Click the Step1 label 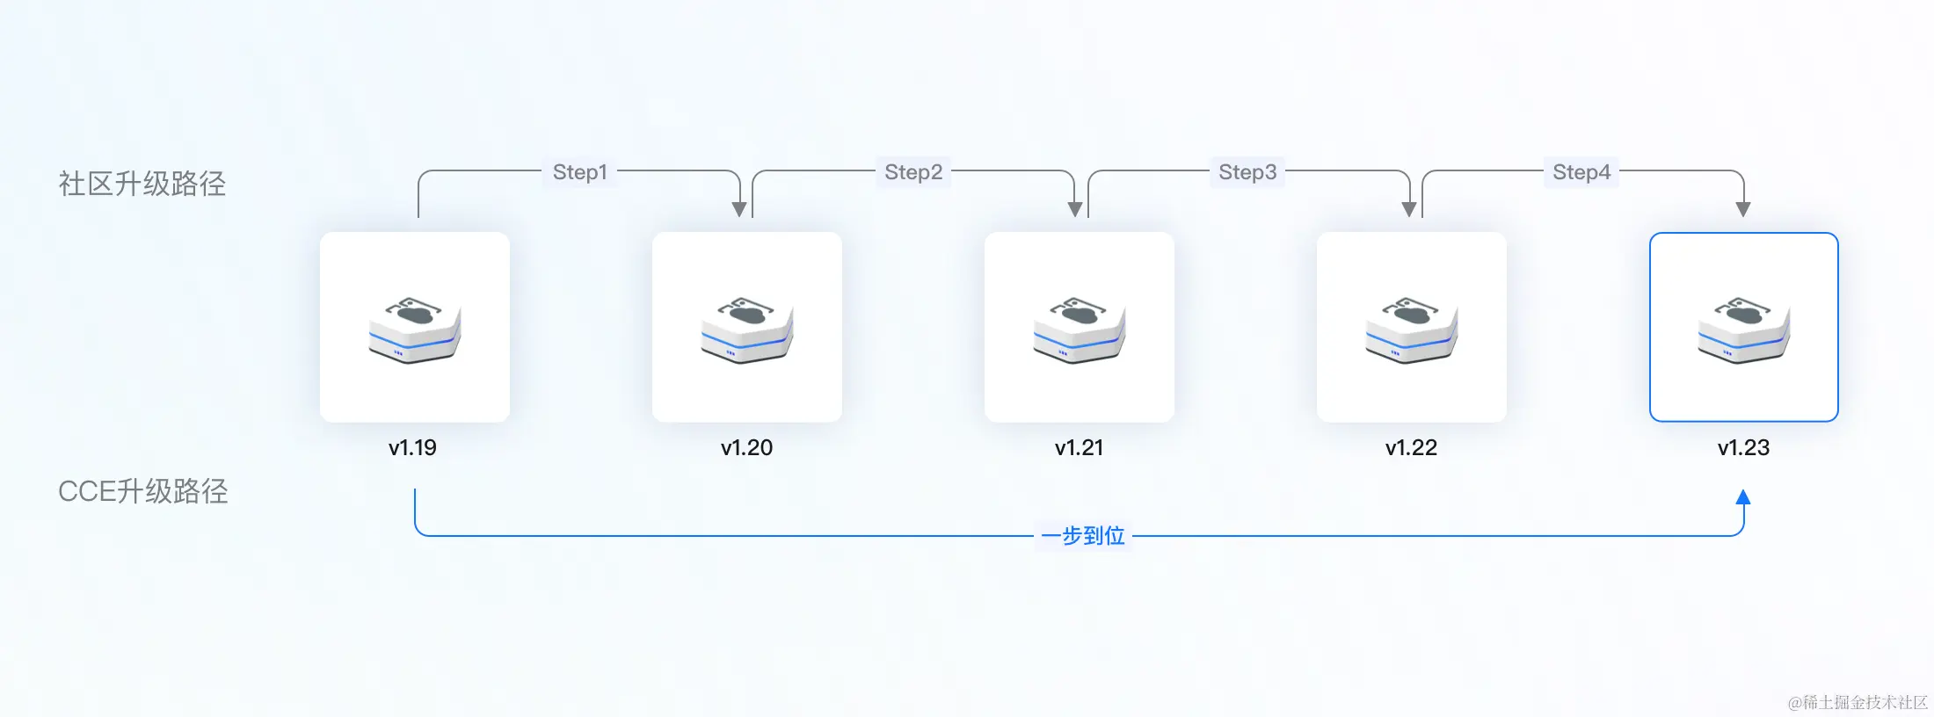(x=579, y=172)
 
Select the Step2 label (x=913, y=172)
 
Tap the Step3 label (x=1247, y=172)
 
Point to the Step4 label (x=1581, y=172)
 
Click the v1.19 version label (x=412, y=448)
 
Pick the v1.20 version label (x=746, y=448)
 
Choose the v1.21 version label (x=1079, y=448)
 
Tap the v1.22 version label (x=1411, y=448)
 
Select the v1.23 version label (x=1743, y=448)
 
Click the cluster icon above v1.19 (x=415, y=330)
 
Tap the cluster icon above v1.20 (x=747, y=330)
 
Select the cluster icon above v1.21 (x=1080, y=330)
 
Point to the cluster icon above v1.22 (x=1412, y=330)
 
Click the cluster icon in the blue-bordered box (x=1744, y=330)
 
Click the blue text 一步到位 (x=1083, y=536)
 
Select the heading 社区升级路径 (x=142, y=184)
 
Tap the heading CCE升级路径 (x=142, y=491)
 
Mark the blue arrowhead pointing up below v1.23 (x=1743, y=497)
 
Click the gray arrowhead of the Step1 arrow (x=739, y=209)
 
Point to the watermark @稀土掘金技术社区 (x=1858, y=702)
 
